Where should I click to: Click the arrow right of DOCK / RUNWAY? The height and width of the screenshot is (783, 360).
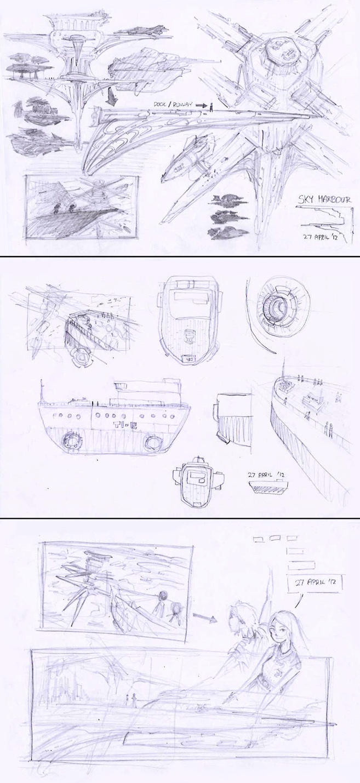click(201, 105)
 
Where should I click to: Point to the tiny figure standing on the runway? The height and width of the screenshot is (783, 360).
click(211, 107)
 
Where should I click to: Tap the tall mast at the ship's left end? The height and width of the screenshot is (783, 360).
click(42, 391)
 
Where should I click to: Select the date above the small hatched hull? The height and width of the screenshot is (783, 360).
click(267, 475)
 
